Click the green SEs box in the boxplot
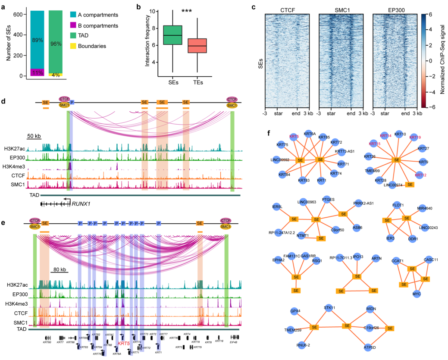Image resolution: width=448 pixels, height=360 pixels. point(172,35)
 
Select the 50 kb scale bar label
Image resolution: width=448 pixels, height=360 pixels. point(34,136)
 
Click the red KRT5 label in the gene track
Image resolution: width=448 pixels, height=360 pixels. point(124,344)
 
